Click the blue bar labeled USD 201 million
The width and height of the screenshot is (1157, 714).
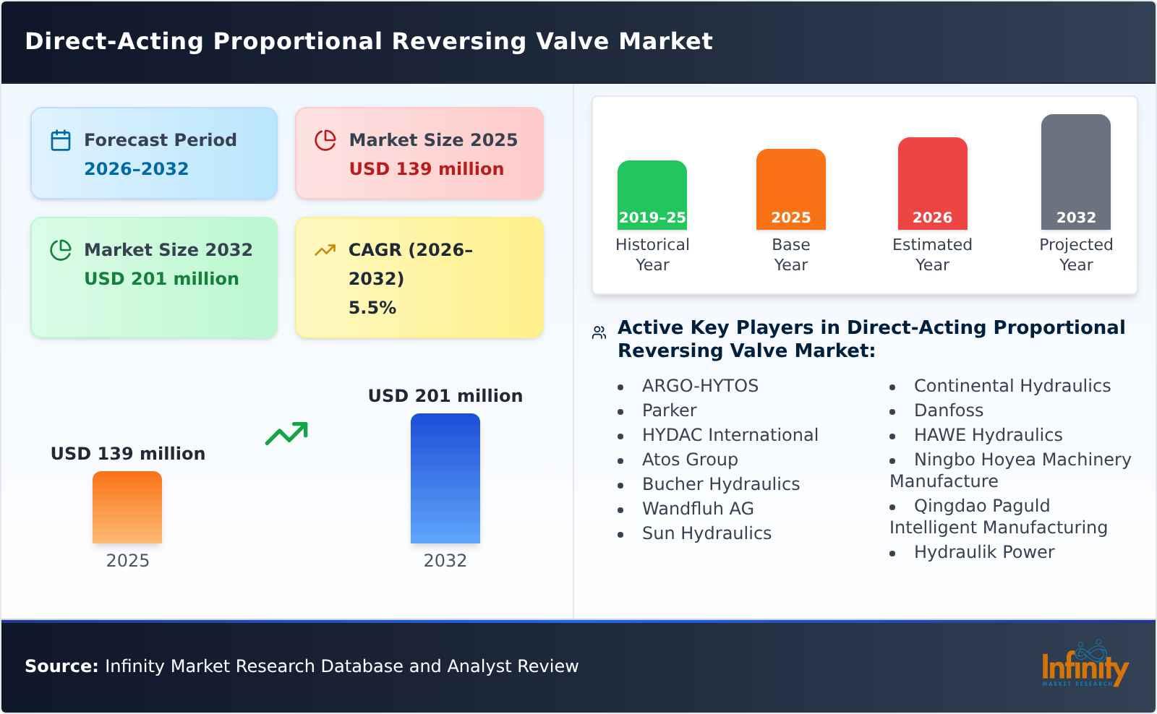445,478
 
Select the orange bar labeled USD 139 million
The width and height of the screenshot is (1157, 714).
127,507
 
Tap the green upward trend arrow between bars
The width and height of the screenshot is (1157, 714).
286,434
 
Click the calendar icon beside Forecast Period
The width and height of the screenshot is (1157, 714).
61,140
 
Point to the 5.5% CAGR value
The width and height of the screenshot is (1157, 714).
372,308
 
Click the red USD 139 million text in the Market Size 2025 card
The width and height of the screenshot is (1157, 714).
426,169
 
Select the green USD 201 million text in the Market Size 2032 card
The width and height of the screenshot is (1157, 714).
161,279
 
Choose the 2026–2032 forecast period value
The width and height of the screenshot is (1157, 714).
136,169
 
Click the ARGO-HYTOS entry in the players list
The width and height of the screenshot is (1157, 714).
699,386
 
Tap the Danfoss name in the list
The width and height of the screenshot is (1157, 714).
948,410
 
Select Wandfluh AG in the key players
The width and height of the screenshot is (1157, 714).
697,509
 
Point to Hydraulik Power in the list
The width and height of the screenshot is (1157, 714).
983,552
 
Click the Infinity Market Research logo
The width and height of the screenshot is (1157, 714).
1084,664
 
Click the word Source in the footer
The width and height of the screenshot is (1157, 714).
61,666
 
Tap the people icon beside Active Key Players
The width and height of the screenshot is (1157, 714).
599,332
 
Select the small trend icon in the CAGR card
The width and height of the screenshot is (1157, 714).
325,250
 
